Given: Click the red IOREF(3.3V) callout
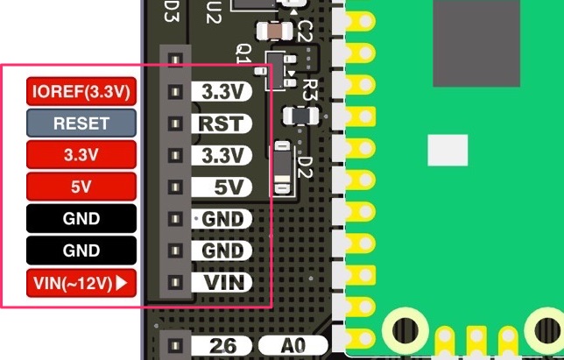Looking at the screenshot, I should pos(81,91).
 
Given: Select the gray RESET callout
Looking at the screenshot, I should pos(81,123).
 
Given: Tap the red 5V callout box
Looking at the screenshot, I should pos(81,186).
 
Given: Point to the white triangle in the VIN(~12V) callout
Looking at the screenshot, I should pos(122,283).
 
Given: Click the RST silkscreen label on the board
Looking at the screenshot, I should pos(221,123).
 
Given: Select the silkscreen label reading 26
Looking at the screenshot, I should pos(223,346).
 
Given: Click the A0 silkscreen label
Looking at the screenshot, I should pos(293,346).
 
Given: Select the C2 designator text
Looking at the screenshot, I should pos(305,32).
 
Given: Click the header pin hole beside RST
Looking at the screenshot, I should pos(175,124).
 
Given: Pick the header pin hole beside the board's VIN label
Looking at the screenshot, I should pos(175,283).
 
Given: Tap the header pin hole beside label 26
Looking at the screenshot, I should pos(175,345).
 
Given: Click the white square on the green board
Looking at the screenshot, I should pos(448,151).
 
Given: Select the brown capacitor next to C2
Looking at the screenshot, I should pos(278,31).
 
